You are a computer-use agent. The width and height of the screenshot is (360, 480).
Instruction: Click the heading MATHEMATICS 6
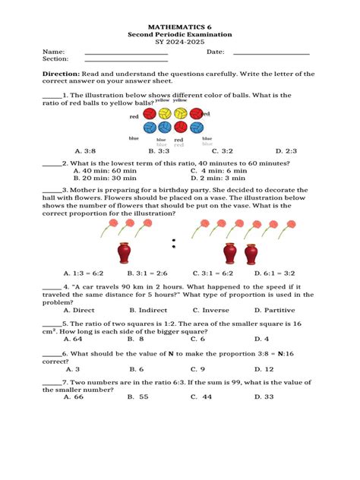[179, 26]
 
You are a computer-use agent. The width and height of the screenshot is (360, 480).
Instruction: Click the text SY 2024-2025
[179, 43]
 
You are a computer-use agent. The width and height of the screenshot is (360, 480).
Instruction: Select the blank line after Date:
[271, 52]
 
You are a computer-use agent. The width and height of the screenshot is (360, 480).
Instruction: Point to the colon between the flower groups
[174, 243]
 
